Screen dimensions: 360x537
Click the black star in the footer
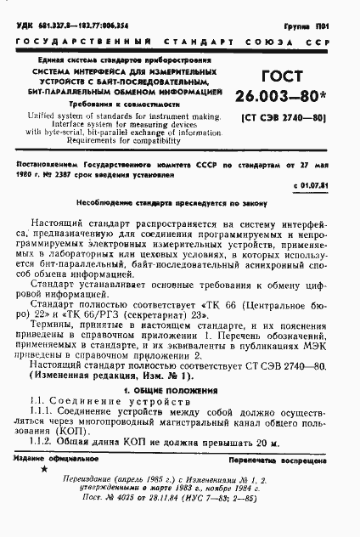point(44,470)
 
